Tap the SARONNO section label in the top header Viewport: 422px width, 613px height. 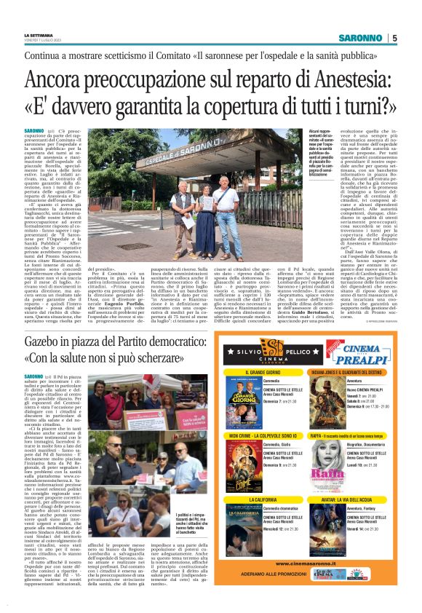pos(360,38)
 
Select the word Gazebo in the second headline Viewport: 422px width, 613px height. pos(46,343)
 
